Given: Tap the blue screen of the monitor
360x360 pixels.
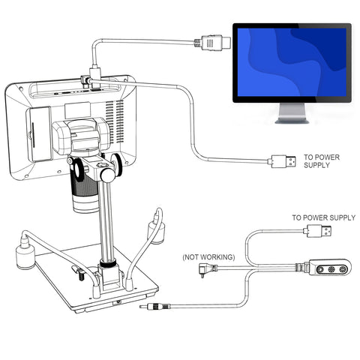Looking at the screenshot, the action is click(292, 62).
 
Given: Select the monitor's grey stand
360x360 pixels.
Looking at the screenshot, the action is click(292, 113).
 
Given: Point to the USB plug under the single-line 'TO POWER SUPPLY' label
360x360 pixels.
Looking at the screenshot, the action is click(318, 230).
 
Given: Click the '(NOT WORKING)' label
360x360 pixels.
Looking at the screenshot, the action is click(208, 257).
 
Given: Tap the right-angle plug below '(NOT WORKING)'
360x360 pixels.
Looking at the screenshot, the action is click(207, 269).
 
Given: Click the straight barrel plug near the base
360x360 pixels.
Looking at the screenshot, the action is click(154, 306).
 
